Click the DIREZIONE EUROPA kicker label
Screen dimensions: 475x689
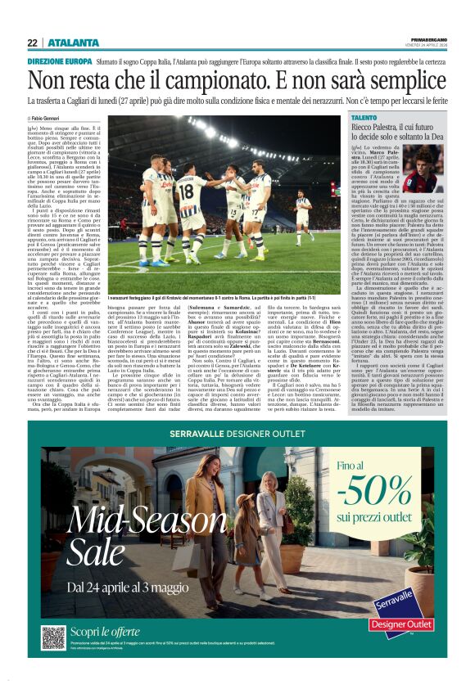click(60, 62)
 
